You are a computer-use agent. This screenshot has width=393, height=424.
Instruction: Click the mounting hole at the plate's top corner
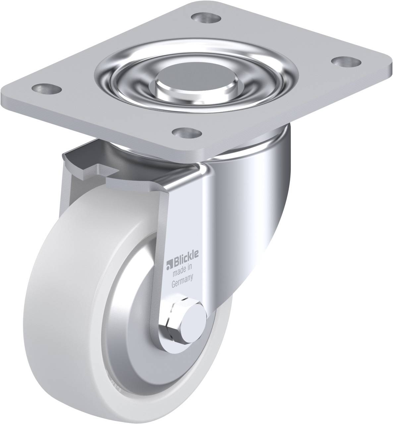point(205,18)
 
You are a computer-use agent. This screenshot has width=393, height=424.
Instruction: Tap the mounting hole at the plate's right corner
point(346,61)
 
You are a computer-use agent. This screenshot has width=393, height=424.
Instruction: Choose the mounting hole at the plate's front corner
point(188,133)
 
